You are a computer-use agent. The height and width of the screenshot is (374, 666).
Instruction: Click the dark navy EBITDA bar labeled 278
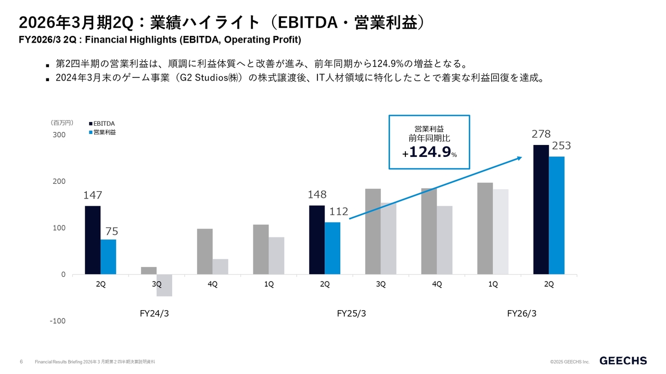pyautogui.click(x=541, y=209)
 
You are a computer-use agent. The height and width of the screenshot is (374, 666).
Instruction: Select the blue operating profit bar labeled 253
pyautogui.click(x=557, y=215)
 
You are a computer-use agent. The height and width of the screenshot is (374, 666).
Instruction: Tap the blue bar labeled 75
pyautogui.click(x=108, y=257)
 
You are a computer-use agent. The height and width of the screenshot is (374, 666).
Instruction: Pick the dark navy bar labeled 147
pyautogui.click(x=93, y=240)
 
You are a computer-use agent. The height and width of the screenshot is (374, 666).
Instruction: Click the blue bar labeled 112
pyautogui.click(x=332, y=248)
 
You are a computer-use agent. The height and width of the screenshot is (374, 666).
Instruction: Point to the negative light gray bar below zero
pyautogui.click(x=164, y=285)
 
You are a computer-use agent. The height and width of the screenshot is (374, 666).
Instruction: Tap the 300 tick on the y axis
pyautogui.click(x=59, y=135)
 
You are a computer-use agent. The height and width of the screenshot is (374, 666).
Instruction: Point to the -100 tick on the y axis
pyautogui.click(x=58, y=321)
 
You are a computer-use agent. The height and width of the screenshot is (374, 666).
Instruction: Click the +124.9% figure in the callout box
pyautogui.click(x=429, y=153)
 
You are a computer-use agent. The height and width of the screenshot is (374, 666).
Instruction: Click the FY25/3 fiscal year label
pyautogui.click(x=352, y=314)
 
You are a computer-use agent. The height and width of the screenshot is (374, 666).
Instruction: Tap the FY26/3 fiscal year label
pyautogui.click(x=522, y=314)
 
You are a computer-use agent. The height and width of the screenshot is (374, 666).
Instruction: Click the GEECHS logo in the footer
pyautogui.click(x=623, y=360)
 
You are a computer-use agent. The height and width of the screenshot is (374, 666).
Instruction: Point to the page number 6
pyautogui.click(x=21, y=361)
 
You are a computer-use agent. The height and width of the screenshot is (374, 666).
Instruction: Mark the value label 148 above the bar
pyautogui.click(x=317, y=195)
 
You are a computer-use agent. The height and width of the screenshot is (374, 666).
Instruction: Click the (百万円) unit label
pyautogui.click(x=62, y=123)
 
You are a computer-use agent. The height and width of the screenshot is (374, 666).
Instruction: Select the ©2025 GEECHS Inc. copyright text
pyautogui.click(x=570, y=362)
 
